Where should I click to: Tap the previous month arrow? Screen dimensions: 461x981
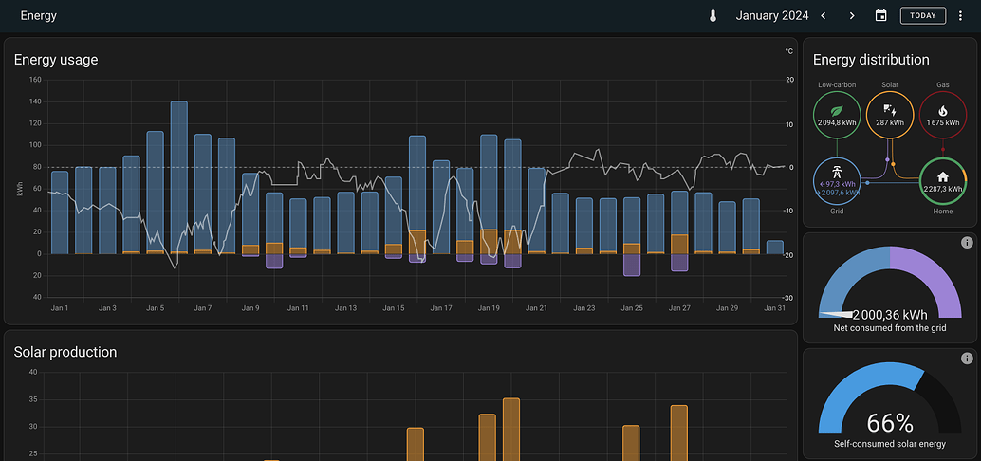[824, 15]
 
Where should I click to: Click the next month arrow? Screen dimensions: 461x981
[852, 15]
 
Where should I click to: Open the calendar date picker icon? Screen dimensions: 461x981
[881, 15]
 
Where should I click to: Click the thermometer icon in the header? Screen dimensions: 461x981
[713, 15]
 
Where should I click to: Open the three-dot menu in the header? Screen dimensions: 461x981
[960, 15]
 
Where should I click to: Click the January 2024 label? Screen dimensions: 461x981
[772, 15]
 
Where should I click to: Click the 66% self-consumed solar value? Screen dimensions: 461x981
[890, 423]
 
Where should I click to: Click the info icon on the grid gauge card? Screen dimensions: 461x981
[967, 243]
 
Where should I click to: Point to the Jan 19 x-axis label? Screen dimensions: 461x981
[489, 308]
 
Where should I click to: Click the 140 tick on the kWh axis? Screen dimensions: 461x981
[36, 101]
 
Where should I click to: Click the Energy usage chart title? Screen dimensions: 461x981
[56, 60]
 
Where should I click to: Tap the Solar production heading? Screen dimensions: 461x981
[65, 352]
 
